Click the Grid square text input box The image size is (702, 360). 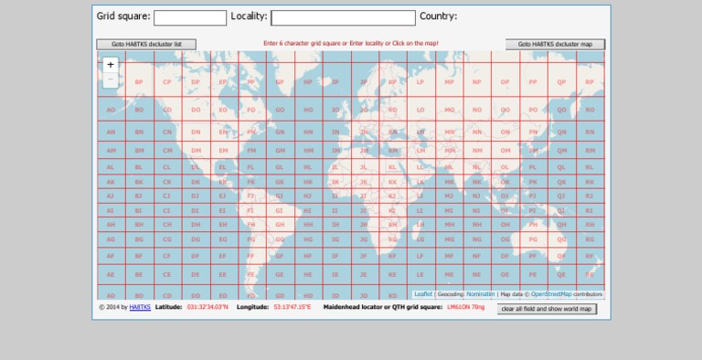(190, 17)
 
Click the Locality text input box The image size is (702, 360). (343, 17)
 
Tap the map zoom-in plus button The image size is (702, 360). (111, 65)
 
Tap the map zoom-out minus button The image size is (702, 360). (111, 79)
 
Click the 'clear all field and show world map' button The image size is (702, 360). (547, 309)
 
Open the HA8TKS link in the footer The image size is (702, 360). (140, 307)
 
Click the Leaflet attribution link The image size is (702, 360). (423, 294)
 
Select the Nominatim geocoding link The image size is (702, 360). (480, 294)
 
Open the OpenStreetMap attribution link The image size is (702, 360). (551, 294)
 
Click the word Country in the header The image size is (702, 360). (438, 16)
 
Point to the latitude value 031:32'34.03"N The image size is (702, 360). (207, 307)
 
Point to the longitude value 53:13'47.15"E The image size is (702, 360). (292, 307)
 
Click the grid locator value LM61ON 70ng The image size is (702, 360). (466, 307)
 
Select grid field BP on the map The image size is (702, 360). (139, 82)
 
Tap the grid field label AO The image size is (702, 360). (111, 110)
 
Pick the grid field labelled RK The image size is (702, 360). (590, 182)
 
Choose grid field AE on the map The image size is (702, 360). (111, 274)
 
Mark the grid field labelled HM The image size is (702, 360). (308, 151)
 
